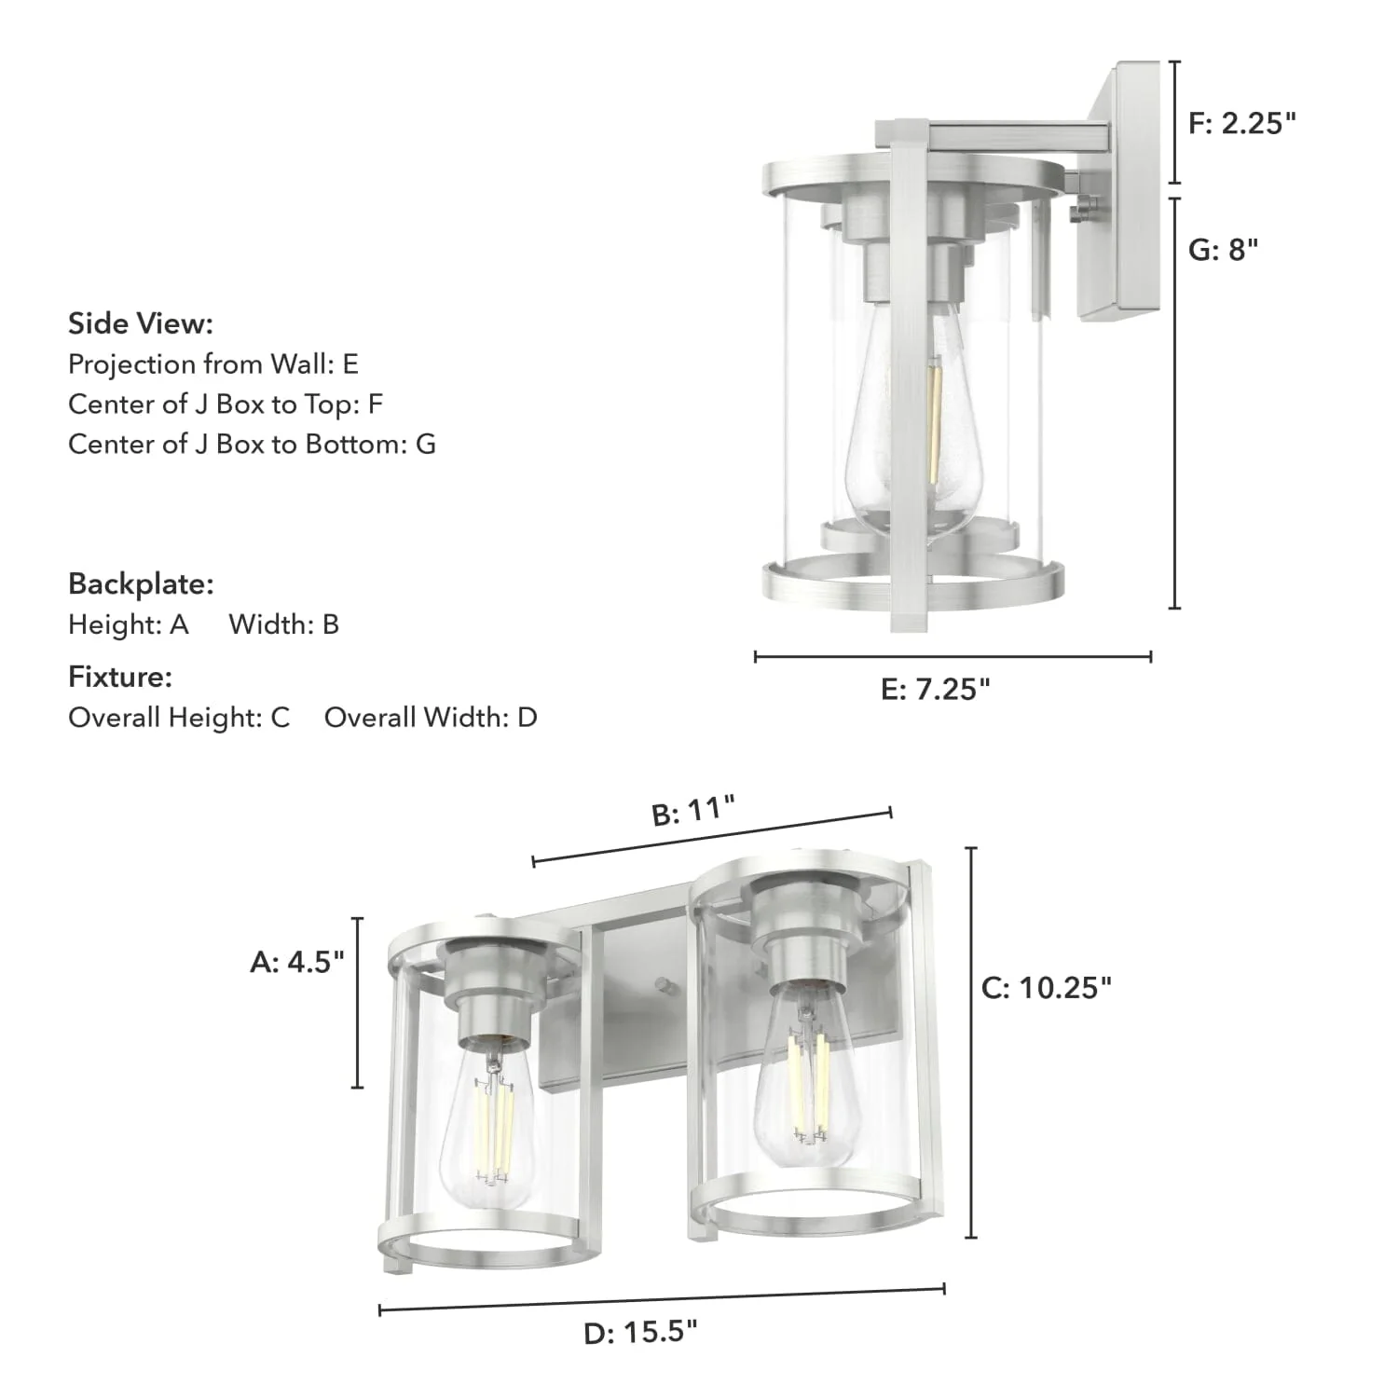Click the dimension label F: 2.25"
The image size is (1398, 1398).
(1241, 123)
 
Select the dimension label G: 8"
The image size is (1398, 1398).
(1223, 250)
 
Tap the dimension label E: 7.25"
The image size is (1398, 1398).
(935, 690)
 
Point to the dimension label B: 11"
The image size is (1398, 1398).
(693, 811)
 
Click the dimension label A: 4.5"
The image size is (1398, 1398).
(297, 962)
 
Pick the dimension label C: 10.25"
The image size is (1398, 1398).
(1047, 988)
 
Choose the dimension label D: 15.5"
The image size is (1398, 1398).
(640, 1333)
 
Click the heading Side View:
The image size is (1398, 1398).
(141, 324)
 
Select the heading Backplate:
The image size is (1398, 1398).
(141, 584)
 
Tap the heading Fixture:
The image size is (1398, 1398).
(120, 678)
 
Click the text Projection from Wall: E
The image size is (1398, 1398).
(213, 364)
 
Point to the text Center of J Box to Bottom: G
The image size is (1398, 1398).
(252, 445)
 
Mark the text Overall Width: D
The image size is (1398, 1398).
(431, 718)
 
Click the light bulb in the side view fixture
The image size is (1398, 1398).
(909, 429)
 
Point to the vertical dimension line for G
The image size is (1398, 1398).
(1174, 401)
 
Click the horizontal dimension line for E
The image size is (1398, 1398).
(953, 657)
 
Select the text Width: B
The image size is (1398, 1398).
(284, 624)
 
